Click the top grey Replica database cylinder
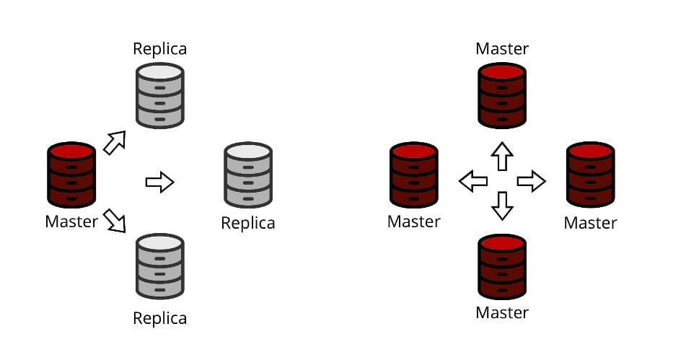[x=160, y=95]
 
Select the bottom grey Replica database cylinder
[x=160, y=265]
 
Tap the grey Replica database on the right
[x=247, y=175]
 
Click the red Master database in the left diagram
[x=71, y=175]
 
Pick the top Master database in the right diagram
[x=502, y=95]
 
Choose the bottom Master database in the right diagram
[x=502, y=266]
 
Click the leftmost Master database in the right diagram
[x=413, y=175]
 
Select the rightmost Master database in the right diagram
[x=590, y=175]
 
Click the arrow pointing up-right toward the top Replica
[x=115, y=143]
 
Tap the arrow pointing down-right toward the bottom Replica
[x=114, y=220]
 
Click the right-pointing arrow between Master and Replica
[x=159, y=182]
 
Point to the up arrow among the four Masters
[x=502, y=156]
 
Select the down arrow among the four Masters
[x=502, y=206]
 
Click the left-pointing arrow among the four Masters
[x=473, y=181]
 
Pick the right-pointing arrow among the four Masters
[x=531, y=181]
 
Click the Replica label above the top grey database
[x=159, y=49]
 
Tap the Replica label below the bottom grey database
[x=159, y=318]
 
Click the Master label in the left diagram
[x=71, y=221]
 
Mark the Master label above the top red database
[x=502, y=49]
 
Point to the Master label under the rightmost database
[x=590, y=223]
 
